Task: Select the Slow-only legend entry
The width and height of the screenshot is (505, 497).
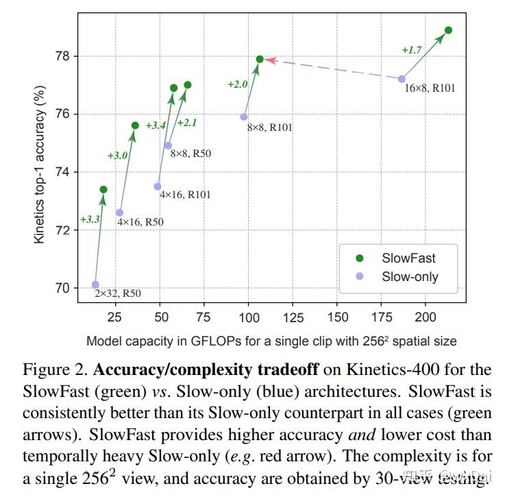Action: click(x=410, y=277)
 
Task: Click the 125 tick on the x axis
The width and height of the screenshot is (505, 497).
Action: click(x=293, y=317)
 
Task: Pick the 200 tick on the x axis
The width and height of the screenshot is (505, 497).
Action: click(x=426, y=317)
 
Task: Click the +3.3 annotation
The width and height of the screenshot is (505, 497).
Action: click(x=90, y=219)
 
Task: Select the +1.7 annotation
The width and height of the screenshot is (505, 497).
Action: click(x=412, y=50)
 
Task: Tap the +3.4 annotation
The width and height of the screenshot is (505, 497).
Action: click(x=156, y=125)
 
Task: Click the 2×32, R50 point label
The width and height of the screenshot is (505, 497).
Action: click(x=119, y=294)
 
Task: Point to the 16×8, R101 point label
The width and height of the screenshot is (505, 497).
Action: click(x=430, y=88)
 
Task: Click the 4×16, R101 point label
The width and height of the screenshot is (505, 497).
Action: click(x=185, y=195)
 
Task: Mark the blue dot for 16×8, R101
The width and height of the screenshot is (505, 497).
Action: click(x=402, y=79)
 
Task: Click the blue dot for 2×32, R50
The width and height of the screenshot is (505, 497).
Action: click(x=95, y=284)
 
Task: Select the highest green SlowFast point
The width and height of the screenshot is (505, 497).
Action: click(x=448, y=30)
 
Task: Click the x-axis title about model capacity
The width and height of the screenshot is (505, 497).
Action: click(x=271, y=341)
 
